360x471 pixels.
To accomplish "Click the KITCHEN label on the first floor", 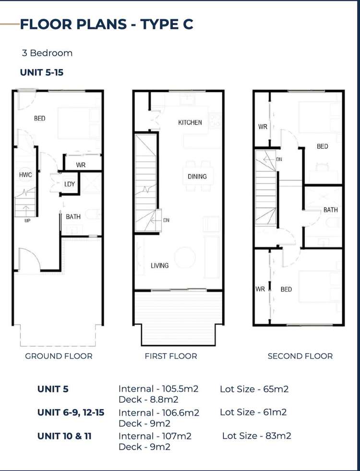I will [190, 122].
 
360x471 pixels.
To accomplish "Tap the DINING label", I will [197, 177].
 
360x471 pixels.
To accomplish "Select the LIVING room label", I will [159, 266].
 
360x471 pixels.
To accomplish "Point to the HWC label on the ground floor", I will [25, 175].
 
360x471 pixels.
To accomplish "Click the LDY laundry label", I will [70, 184].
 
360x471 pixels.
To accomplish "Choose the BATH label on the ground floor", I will [73, 217].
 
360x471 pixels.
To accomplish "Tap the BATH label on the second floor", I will [330, 210].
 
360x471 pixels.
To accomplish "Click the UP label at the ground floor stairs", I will [27, 221].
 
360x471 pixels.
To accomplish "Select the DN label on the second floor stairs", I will [279, 159].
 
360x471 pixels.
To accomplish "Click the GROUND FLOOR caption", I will [59, 356].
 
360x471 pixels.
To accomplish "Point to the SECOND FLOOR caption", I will [300, 356].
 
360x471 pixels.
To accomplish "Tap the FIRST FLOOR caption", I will [171, 356].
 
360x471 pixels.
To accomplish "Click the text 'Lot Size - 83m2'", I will [256, 436].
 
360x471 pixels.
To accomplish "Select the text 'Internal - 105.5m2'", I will [158, 389].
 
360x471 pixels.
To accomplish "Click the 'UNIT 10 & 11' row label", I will [64, 436].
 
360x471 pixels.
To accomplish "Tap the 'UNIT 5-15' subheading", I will [42, 72].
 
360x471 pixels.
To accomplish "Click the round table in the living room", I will [185, 257].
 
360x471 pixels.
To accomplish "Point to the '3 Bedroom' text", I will [47, 53].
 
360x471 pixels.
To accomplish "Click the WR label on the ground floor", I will [81, 165].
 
